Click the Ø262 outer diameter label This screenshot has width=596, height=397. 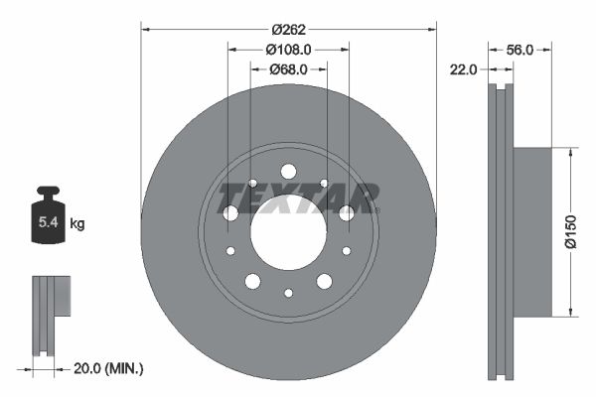pyautogui.click(x=288, y=29)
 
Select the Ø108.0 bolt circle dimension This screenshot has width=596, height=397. pyautogui.click(x=288, y=49)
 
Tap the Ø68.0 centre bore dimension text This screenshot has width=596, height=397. pyautogui.click(x=288, y=69)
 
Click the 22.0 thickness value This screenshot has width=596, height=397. pyautogui.click(x=464, y=69)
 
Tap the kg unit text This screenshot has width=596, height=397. pyautogui.click(x=77, y=224)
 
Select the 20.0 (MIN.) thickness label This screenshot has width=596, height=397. pyautogui.click(x=109, y=368)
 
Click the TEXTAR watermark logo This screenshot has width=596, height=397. pyautogui.click(x=298, y=197)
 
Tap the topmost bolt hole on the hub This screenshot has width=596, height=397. pyautogui.click(x=288, y=172)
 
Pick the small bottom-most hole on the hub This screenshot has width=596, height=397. pyautogui.click(x=288, y=293)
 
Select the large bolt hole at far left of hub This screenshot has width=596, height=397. pyautogui.click(x=230, y=212)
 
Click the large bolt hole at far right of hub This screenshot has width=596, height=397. pyautogui.click(x=346, y=212)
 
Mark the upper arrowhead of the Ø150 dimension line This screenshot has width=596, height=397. pyautogui.click(x=571, y=153)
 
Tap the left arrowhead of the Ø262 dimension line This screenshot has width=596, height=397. pyautogui.click(x=145, y=29)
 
